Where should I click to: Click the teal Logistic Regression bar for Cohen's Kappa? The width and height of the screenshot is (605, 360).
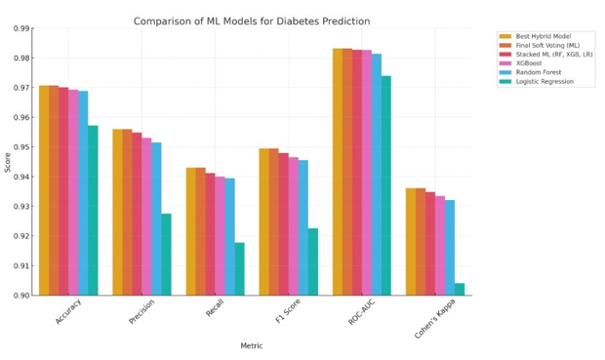coord(460,290)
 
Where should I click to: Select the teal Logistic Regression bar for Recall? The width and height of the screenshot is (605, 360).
coord(240,269)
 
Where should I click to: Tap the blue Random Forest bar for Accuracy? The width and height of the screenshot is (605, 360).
coord(83,193)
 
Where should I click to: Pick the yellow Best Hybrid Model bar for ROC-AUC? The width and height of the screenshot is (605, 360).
coord(338,172)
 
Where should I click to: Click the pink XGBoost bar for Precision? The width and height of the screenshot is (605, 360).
coord(146,217)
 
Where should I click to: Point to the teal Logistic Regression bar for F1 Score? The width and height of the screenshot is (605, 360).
coord(313,262)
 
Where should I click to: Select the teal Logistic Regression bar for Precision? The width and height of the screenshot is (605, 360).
coord(166,255)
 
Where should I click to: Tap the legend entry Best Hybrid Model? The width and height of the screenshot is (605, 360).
coord(535,36)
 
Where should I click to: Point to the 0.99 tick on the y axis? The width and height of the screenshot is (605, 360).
coord(21,28)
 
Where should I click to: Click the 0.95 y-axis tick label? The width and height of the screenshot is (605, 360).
coord(21,147)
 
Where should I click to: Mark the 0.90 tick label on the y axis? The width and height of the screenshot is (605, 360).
coord(21,296)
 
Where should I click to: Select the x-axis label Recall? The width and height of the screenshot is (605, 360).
coord(215,308)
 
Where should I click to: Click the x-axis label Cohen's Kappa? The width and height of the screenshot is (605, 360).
coord(435,319)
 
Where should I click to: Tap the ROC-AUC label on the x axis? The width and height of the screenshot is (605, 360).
coord(361,312)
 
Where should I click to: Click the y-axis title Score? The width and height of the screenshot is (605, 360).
coord(8,163)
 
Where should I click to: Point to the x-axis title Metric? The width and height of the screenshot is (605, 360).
coord(252,345)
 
